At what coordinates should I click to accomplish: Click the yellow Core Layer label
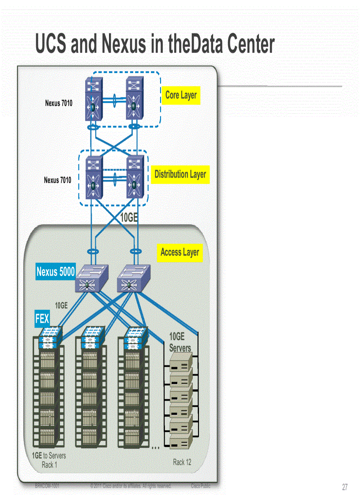(x=181, y=95)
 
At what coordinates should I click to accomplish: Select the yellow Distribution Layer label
(x=180, y=175)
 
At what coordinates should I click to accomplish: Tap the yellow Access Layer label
(x=180, y=253)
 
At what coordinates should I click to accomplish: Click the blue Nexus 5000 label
(x=56, y=272)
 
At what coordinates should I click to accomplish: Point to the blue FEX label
(x=42, y=318)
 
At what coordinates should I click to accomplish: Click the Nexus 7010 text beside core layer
(x=59, y=103)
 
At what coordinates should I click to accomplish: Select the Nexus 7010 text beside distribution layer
(x=57, y=180)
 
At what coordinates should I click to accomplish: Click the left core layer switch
(x=94, y=100)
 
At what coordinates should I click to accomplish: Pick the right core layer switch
(x=135, y=100)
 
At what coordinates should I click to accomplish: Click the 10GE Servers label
(x=180, y=342)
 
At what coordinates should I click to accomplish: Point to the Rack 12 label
(x=182, y=462)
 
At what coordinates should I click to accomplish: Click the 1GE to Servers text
(x=49, y=455)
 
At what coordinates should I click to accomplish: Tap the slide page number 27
(x=345, y=487)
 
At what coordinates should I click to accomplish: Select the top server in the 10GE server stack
(x=180, y=365)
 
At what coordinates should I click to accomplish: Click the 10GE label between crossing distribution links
(x=130, y=217)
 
